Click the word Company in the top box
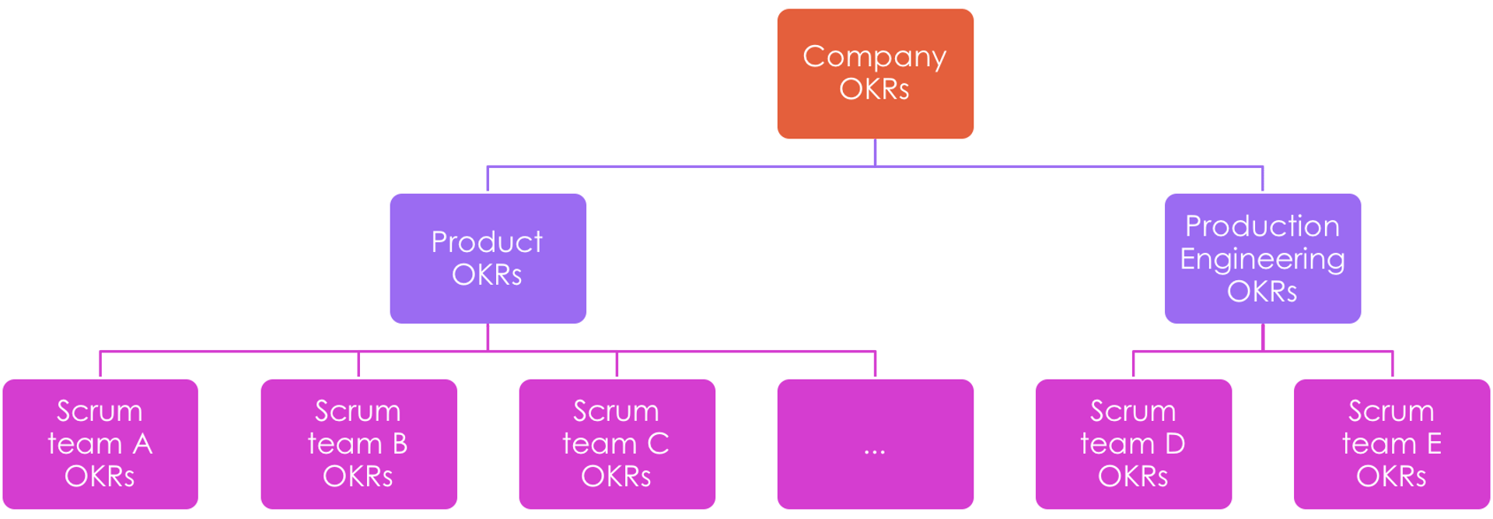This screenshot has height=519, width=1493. tap(874, 57)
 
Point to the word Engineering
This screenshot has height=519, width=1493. tap(1262, 259)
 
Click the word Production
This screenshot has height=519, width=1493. tap(1262, 226)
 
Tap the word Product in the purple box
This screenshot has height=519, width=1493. tap(487, 242)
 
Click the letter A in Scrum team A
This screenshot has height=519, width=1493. tap(142, 444)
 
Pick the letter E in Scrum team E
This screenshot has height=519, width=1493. tap(1434, 444)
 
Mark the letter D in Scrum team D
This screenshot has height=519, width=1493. tap(1175, 444)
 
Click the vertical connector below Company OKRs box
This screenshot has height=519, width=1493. tap(876, 153)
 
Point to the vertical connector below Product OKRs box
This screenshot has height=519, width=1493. tap(488, 338)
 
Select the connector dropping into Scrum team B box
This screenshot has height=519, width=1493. tap(358, 364)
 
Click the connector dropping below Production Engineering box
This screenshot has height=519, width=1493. tap(1263, 338)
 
